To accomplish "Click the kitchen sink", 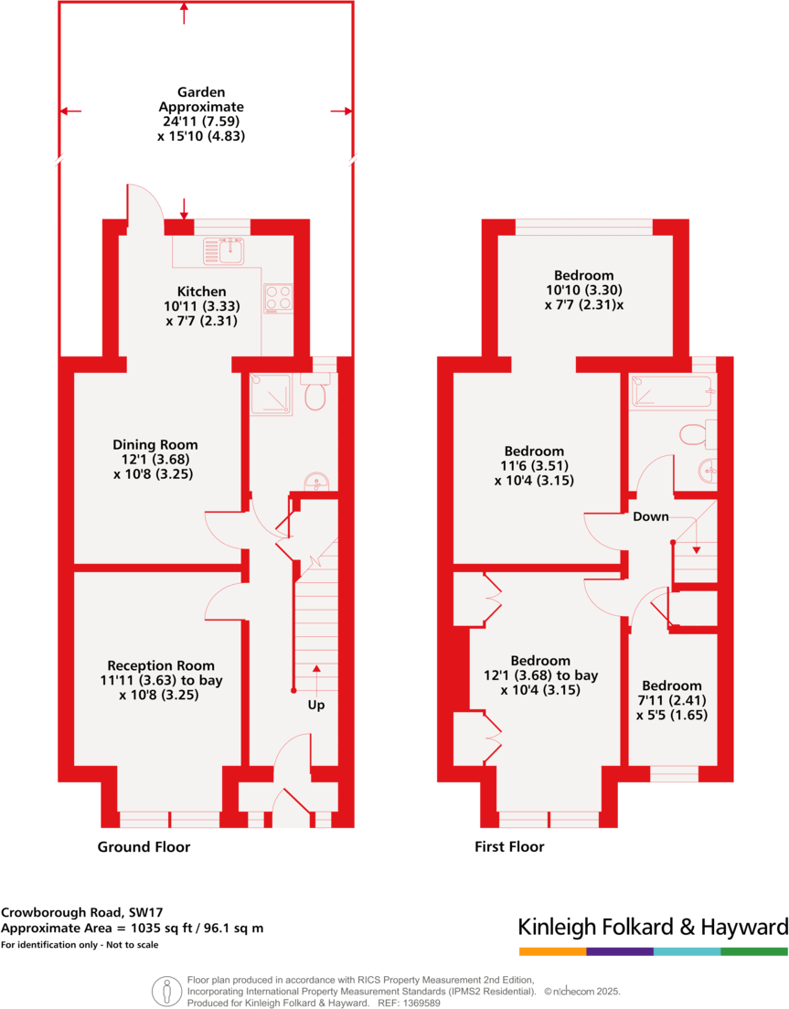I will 225,249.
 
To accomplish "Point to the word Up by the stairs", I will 316,706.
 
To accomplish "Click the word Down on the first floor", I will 651,516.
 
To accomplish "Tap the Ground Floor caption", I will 144,847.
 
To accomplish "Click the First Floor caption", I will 509,847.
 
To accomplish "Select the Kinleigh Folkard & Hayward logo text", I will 653,928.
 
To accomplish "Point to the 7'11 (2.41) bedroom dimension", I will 671,700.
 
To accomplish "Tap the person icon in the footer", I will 166,990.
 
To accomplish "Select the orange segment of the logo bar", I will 552,951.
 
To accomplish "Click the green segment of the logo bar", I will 754,951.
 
